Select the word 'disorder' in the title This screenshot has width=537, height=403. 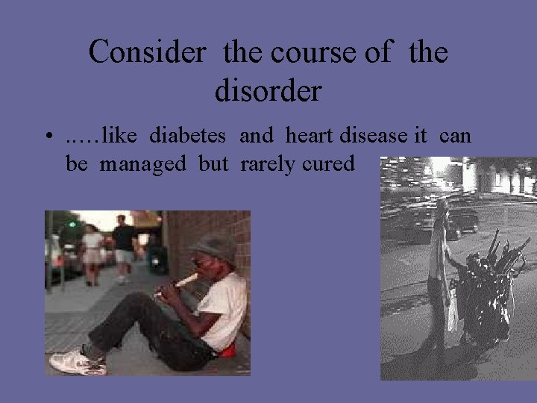268,90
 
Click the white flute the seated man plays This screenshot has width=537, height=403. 178,284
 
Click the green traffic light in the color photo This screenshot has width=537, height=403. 72,222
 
